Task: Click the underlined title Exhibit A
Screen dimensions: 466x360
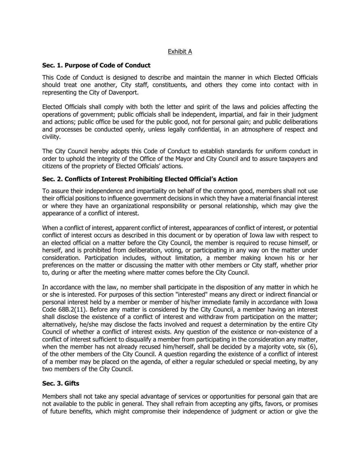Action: coord(180,52)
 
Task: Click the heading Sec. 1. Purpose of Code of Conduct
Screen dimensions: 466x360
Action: coord(96,65)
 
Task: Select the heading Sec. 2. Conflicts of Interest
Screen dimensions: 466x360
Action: coord(140,179)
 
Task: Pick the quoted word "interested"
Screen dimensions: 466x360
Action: coord(200,295)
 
